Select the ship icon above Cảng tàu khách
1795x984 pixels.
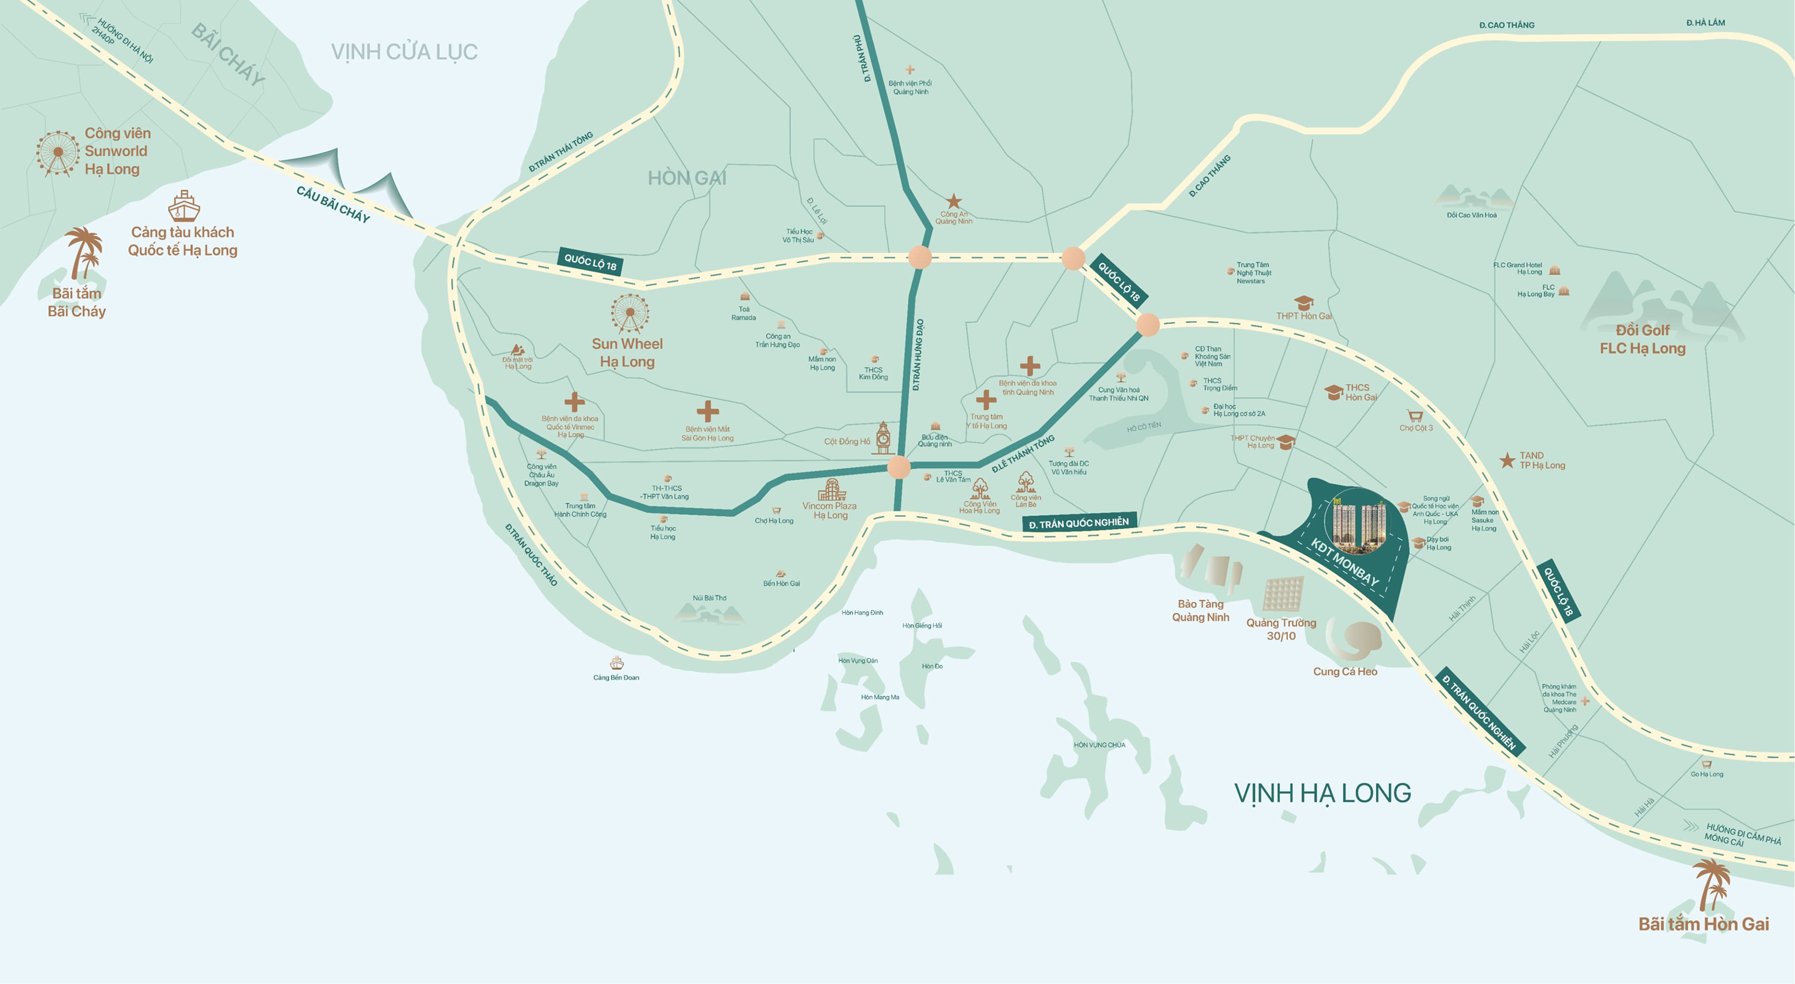pos(184,206)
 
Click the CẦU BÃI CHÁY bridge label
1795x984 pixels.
pos(333,204)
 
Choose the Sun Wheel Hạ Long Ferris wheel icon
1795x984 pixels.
pos(630,313)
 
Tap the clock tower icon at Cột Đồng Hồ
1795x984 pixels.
pos(883,438)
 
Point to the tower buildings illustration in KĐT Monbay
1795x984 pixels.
pos(1358,523)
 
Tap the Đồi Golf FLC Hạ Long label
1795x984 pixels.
pos(1642,339)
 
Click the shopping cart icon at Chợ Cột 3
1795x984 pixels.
pos(1414,416)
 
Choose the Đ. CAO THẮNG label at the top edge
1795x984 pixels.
pos(1506,25)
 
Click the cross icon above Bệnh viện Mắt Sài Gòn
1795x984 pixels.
pos(707,411)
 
